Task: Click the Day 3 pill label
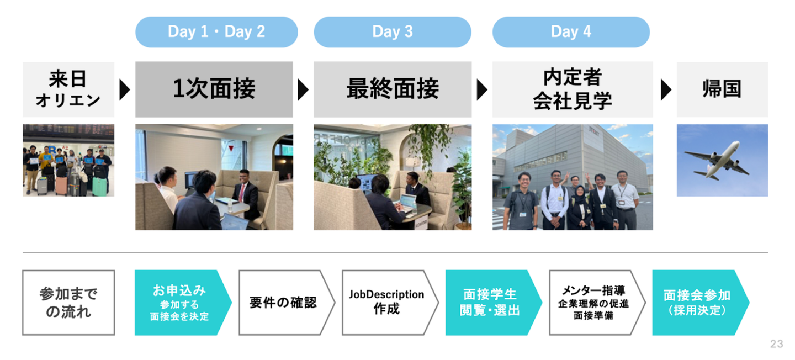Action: [x=393, y=32]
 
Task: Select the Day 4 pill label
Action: [x=571, y=32]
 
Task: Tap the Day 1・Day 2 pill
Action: [x=216, y=32]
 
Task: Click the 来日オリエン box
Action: [x=68, y=89]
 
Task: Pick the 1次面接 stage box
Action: [x=214, y=89]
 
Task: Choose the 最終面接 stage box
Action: [x=393, y=89]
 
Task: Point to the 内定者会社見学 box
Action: [x=573, y=89]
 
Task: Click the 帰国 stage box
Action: [x=722, y=89]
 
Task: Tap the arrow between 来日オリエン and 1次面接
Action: [x=125, y=90]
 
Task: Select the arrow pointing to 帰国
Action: [x=666, y=90]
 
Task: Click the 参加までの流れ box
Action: [x=68, y=303]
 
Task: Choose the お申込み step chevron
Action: [x=183, y=303]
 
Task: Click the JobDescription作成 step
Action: [x=390, y=303]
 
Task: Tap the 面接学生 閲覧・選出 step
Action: [x=494, y=303]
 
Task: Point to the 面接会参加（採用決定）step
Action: [x=701, y=303]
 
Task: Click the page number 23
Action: [x=777, y=343]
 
